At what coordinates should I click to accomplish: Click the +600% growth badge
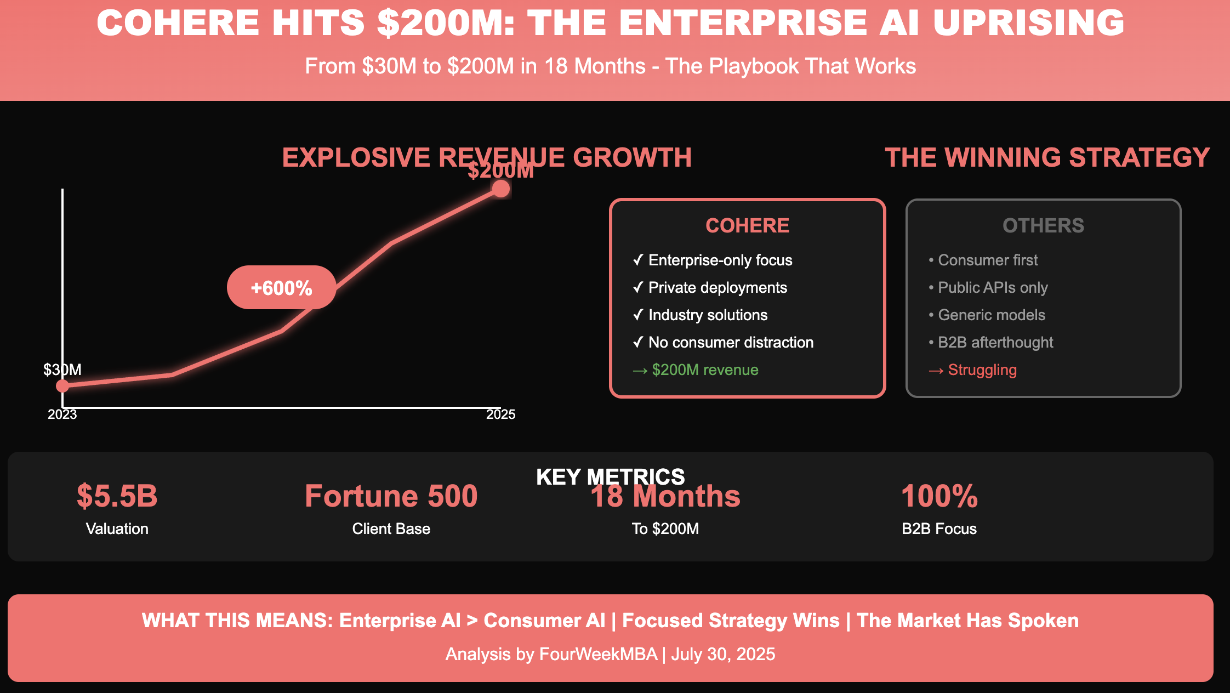tap(281, 288)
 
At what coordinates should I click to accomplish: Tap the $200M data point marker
tap(500, 189)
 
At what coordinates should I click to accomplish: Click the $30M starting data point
tap(62, 385)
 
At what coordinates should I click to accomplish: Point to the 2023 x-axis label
tap(62, 414)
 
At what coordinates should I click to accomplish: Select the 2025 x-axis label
tap(500, 414)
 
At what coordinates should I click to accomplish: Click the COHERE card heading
tap(747, 225)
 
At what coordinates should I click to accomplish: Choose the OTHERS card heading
tap(1043, 225)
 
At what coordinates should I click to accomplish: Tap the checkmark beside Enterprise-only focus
tap(637, 260)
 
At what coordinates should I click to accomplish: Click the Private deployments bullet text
tap(717, 287)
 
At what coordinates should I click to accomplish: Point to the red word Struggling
tap(982, 370)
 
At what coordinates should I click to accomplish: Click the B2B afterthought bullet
tap(995, 343)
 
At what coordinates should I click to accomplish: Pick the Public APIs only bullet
tap(993, 287)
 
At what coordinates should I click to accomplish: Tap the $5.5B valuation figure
tap(117, 496)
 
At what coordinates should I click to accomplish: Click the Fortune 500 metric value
tap(391, 496)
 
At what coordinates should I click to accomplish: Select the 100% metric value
tap(939, 496)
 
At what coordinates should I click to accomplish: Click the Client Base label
tap(391, 529)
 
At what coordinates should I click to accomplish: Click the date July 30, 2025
tap(723, 654)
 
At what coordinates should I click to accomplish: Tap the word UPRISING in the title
tap(1028, 23)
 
